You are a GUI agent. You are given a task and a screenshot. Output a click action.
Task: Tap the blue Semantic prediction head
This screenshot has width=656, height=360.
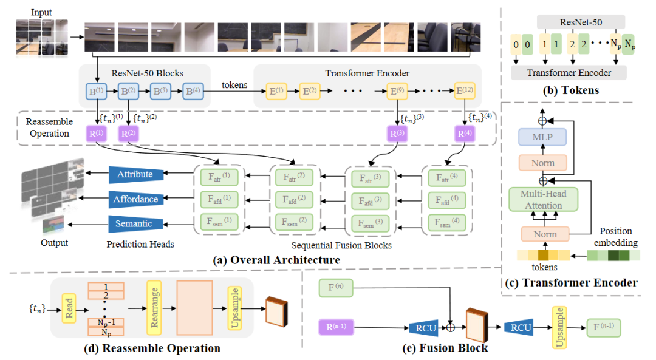coord(134,224)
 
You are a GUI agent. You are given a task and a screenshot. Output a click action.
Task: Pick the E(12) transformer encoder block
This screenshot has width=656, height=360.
coord(466,93)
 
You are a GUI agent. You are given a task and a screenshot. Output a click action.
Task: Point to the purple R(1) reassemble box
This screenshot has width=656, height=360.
coord(97,134)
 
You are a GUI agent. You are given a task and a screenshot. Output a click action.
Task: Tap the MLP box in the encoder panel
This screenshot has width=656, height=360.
coord(542,137)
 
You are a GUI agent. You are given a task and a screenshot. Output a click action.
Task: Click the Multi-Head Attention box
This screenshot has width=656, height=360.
coord(543,199)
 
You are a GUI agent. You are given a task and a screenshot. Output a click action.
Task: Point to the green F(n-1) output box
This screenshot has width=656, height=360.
coord(604,328)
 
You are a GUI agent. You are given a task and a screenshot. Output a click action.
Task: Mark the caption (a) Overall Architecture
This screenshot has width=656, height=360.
coord(276,260)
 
